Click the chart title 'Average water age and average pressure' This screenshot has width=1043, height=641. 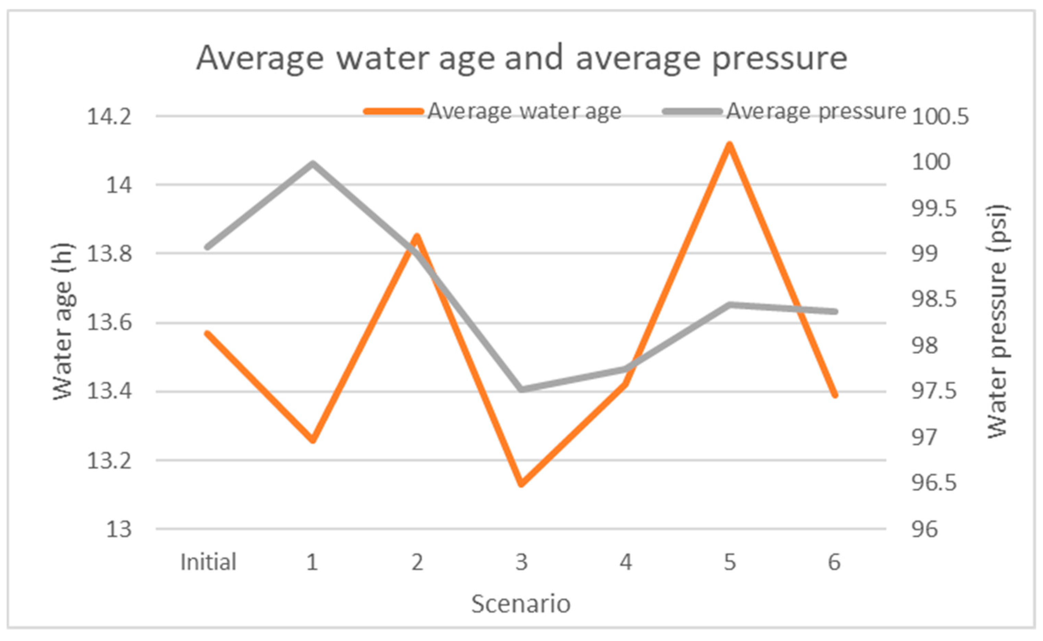point(521,59)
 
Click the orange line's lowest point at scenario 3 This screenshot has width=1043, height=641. point(521,484)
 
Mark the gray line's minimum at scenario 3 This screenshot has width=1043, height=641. point(521,389)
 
